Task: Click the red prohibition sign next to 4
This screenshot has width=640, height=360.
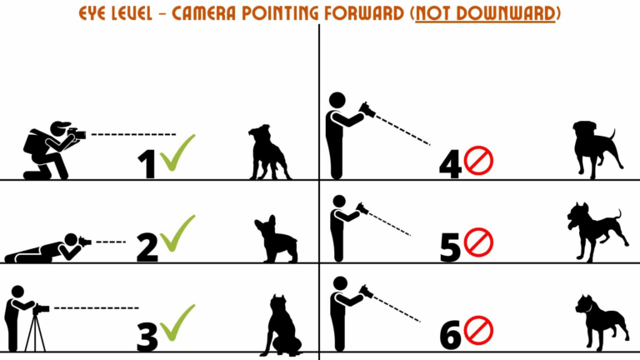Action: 478,161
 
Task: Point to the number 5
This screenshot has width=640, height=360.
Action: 450,247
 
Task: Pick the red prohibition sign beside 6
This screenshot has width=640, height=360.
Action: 478,331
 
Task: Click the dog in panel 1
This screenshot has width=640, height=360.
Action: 268,152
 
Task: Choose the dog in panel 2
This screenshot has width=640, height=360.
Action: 276,239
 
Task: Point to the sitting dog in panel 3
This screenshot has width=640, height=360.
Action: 281,326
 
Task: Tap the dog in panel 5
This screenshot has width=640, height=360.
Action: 594,230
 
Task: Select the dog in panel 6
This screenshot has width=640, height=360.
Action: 598,320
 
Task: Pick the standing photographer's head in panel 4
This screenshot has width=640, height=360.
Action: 337,100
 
